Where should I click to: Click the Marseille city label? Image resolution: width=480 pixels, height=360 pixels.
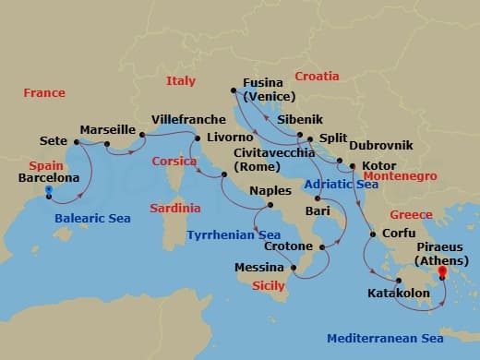tap(108, 130)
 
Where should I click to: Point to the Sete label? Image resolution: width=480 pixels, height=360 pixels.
tap(54, 141)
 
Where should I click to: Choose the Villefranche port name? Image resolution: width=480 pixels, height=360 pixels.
tap(188, 120)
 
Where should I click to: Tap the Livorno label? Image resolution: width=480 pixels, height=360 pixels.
tap(231, 137)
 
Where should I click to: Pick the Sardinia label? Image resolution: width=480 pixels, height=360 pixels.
tap(174, 209)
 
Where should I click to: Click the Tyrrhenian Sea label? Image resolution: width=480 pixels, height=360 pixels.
tap(234, 234)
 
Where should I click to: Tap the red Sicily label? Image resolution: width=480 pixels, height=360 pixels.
tap(268, 286)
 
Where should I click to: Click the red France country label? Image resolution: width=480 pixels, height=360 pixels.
tap(45, 92)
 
